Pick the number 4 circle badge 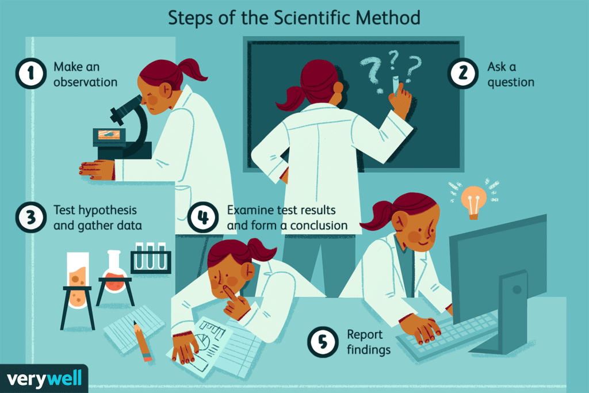pyautogui.click(x=202, y=218)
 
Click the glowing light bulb pyautogui.click(x=473, y=198)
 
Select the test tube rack pyautogui.click(x=151, y=257)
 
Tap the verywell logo pyautogui.click(x=44, y=378)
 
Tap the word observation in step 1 pyautogui.click(x=85, y=82)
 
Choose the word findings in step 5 pyautogui.click(x=368, y=349)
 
